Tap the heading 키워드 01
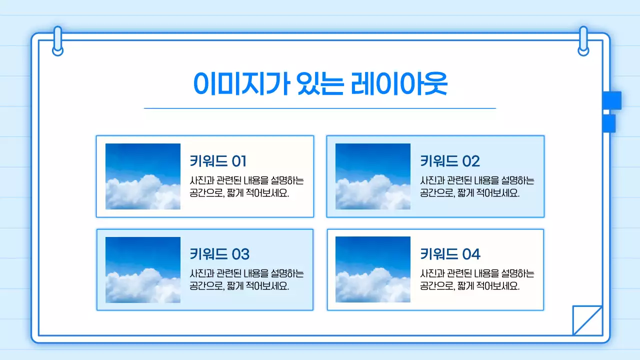(x=218, y=161)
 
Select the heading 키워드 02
(x=449, y=161)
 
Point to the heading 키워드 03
(x=219, y=254)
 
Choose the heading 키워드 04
(x=450, y=254)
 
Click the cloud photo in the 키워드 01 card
(x=143, y=176)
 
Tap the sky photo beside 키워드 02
(x=373, y=176)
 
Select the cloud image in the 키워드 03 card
(x=143, y=270)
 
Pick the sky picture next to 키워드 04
(x=373, y=270)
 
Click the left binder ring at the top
(x=58, y=41)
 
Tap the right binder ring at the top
(x=583, y=41)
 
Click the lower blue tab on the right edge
(x=609, y=123)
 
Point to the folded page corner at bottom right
(x=587, y=320)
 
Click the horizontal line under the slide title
(x=320, y=108)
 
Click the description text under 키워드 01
(x=246, y=187)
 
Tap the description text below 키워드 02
(x=477, y=187)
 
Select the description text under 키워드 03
(x=246, y=280)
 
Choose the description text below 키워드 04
(x=477, y=280)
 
